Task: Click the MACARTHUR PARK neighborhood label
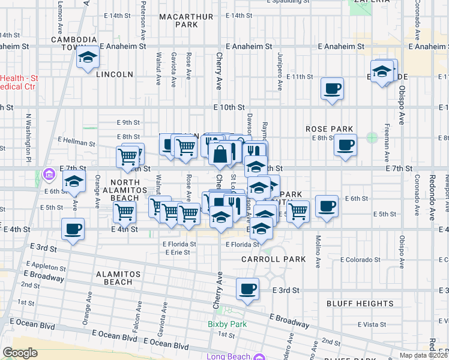[x=186, y=20]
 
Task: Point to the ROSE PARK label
[x=328, y=129]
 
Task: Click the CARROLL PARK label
[x=273, y=259]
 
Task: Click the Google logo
[x=20, y=352]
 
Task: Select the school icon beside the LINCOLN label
[x=88, y=58]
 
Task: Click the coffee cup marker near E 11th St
[x=332, y=89]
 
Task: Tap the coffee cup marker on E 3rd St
[x=247, y=290]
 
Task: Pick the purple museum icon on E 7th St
[x=49, y=175]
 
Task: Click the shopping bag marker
[x=220, y=154]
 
